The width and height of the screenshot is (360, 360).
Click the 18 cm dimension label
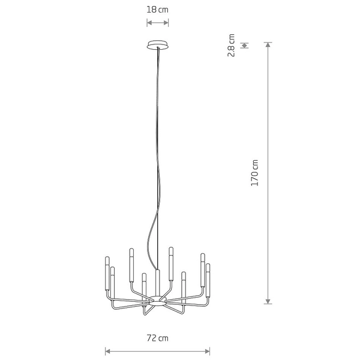158,10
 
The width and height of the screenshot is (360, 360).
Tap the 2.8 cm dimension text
231,45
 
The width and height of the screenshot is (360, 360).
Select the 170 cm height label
255,173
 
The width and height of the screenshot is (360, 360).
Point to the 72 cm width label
158,338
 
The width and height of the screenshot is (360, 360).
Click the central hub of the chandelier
158,298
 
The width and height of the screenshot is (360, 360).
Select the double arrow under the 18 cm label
158,23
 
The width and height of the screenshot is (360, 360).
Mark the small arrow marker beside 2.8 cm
244,45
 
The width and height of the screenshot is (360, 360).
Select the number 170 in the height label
255,169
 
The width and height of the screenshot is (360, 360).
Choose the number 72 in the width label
153,338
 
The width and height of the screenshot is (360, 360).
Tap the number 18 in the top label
153,10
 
